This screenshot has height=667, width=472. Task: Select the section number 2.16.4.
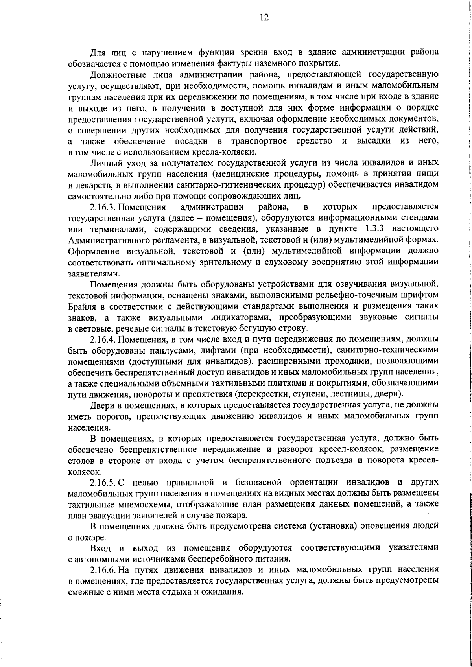103,339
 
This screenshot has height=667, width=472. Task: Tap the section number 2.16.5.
103,482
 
